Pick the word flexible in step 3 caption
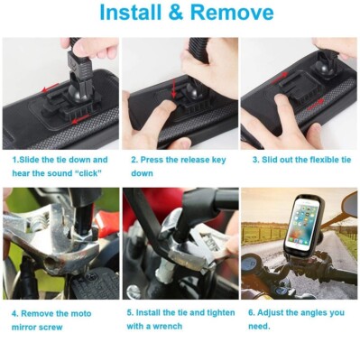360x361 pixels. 312,160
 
